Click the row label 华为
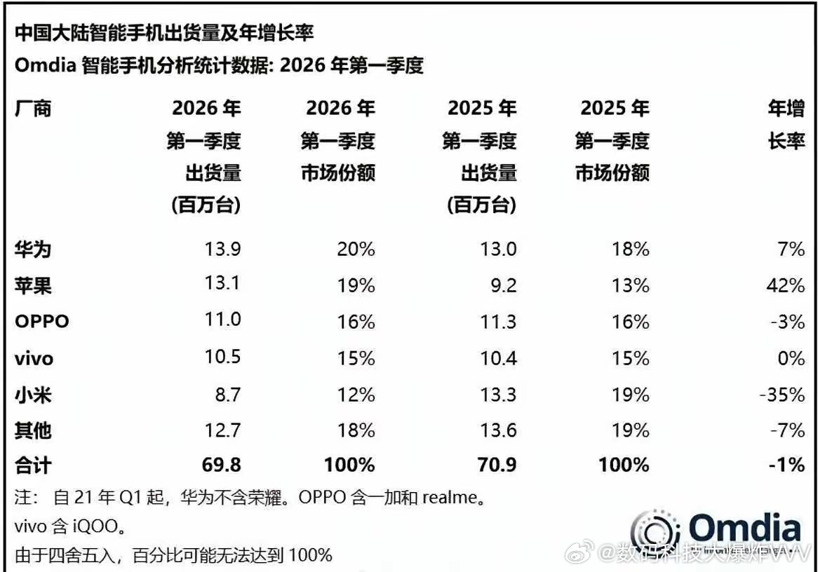pyautogui.click(x=33, y=249)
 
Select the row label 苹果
pyautogui.click(x=33, y=285)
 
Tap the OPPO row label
pyautogui.click(x=43, y=322)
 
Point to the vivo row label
pyautogui.click(x=34, y=359)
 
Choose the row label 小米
pyautogui.click(x=33, y=395)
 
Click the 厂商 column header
pyautogui.click(x=33, y=109)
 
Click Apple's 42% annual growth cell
pyautogui.click(x=786, y=285)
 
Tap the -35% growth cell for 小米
pyautogui.click(x=782, y=395)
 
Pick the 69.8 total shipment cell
pyautogui.click(x=220, y=464)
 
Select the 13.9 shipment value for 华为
pyautogui.click(x=221, y=249)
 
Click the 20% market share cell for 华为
pyautogui.click(x=355, y=249)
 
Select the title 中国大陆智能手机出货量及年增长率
pyautogui.click(x=163, y=33)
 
